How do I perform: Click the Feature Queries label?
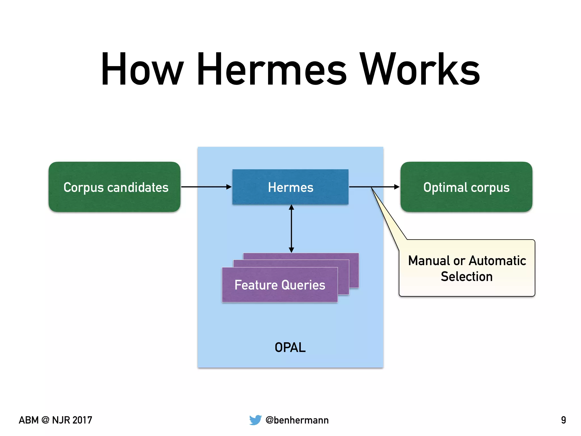280,285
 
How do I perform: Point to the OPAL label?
290,347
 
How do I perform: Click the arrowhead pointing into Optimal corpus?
397,187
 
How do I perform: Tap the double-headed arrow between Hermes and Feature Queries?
291,229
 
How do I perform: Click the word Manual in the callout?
429,261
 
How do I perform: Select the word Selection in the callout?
467,276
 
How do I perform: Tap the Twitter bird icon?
255,420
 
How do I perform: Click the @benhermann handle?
297,420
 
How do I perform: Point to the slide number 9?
563,420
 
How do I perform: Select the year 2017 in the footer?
82,420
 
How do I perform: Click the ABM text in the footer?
29,420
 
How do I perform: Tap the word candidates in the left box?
138,187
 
